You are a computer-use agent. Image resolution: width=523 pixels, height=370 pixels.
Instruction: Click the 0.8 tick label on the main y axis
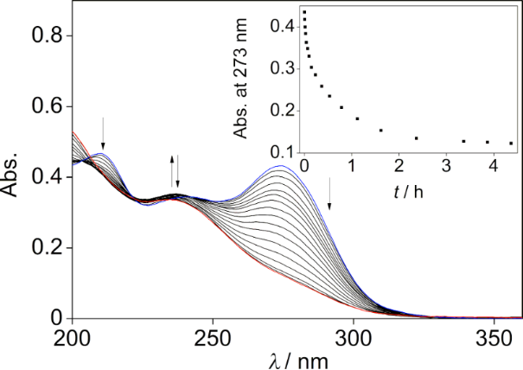46,35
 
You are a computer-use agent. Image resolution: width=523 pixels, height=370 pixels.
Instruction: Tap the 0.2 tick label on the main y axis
46,248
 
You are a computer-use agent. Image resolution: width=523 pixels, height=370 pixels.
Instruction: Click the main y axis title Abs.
15,177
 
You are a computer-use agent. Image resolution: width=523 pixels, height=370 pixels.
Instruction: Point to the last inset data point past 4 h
512,144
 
